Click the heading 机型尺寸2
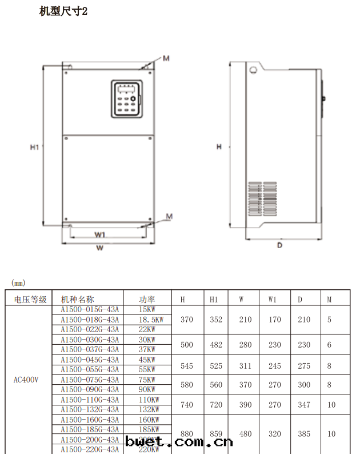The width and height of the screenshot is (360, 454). click(x=63, y=11)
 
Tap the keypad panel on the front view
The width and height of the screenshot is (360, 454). click(x=125, y=99)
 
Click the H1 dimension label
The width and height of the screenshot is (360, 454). click(x=34, y=147)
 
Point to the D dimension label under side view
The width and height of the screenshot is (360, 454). click(x=279, y=245)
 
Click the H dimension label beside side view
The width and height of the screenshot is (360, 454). click(x=219, y=147)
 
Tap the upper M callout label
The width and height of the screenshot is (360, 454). click(x=166, y=58)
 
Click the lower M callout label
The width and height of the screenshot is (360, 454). click(x=169, y=216)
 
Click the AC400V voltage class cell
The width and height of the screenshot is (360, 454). click(x=26, y=379)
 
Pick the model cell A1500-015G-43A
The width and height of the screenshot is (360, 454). click(x=90, y=309)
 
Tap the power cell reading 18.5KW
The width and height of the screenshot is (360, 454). click(x=151, y=320)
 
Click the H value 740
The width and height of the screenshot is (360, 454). click(x=186, y=405)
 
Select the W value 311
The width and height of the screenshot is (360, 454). click(x=245, y=365)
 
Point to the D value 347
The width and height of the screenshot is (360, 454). click(x=304, y=405)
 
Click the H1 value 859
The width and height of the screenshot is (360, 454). click(x=216, y=434)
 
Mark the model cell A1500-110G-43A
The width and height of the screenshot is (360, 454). click(x=90, y=400)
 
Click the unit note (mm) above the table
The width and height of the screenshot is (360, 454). click(x=18, y=282)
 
